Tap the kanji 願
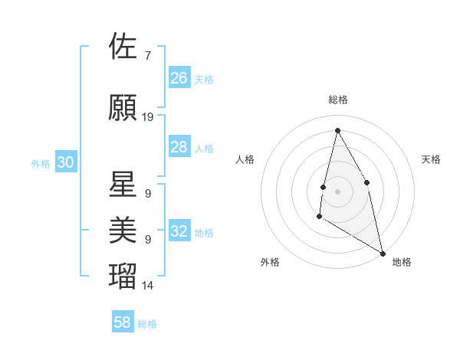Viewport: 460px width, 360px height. [x=123, y=108]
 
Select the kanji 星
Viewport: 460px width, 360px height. [x=123, y=184]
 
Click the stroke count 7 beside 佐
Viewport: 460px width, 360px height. [x=148, y=55]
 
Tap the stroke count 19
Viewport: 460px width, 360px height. [x=148, y=117]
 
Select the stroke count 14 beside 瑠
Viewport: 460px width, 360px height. [x=148, y=286]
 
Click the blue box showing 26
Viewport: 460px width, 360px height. [x=179, y=77]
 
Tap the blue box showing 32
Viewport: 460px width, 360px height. [x=179, y=231]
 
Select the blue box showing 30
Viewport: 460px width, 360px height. [x=65, y=162]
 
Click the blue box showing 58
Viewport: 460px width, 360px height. [x=123, y=322]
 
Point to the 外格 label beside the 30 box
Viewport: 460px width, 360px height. [x=41, y=163]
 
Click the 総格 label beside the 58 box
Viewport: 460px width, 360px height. [x=147, y=324]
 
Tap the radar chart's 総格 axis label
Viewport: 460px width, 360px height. [x=338, y=100]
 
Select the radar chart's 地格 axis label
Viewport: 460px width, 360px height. [x=402, y=262]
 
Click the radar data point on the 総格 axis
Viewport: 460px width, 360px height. [x=337, y=129]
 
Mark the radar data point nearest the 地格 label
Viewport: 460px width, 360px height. [x=383, y=254]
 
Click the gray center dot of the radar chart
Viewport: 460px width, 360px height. [x=337, y=191]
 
